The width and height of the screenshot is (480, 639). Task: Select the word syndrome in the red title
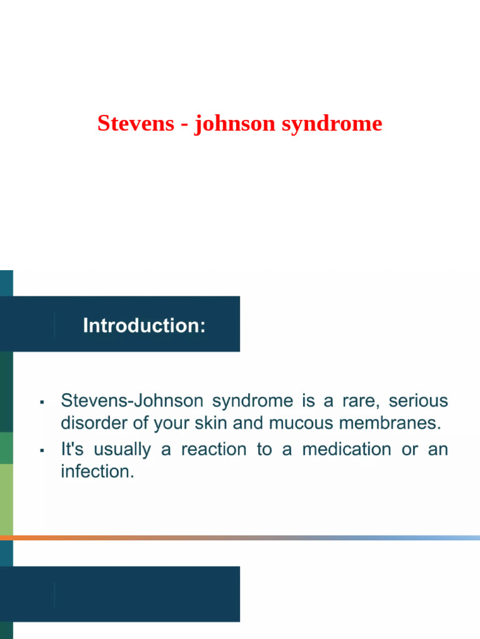point(331,124)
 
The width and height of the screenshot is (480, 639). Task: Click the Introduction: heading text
point(144,326)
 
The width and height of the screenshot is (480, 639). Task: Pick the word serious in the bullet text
point(418,400)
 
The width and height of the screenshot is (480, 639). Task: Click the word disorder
point(91,423)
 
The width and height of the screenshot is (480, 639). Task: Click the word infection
point(96,472)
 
